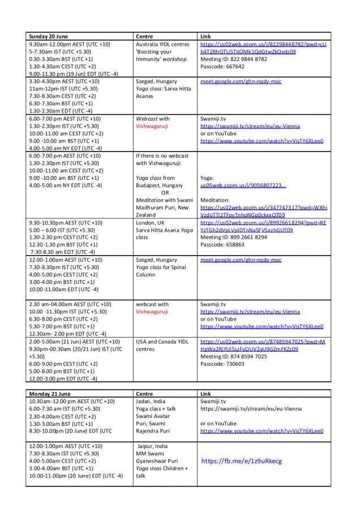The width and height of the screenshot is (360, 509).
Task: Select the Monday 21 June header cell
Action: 50,394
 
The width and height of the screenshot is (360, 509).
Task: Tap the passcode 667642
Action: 222,66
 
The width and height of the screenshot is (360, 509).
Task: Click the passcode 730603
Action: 222,364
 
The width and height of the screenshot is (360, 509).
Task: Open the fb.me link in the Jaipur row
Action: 241,461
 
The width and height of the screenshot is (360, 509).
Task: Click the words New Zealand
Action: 148,215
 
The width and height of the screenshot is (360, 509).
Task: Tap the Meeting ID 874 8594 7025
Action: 233,356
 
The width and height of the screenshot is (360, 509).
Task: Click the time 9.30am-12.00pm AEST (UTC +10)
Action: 70,44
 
